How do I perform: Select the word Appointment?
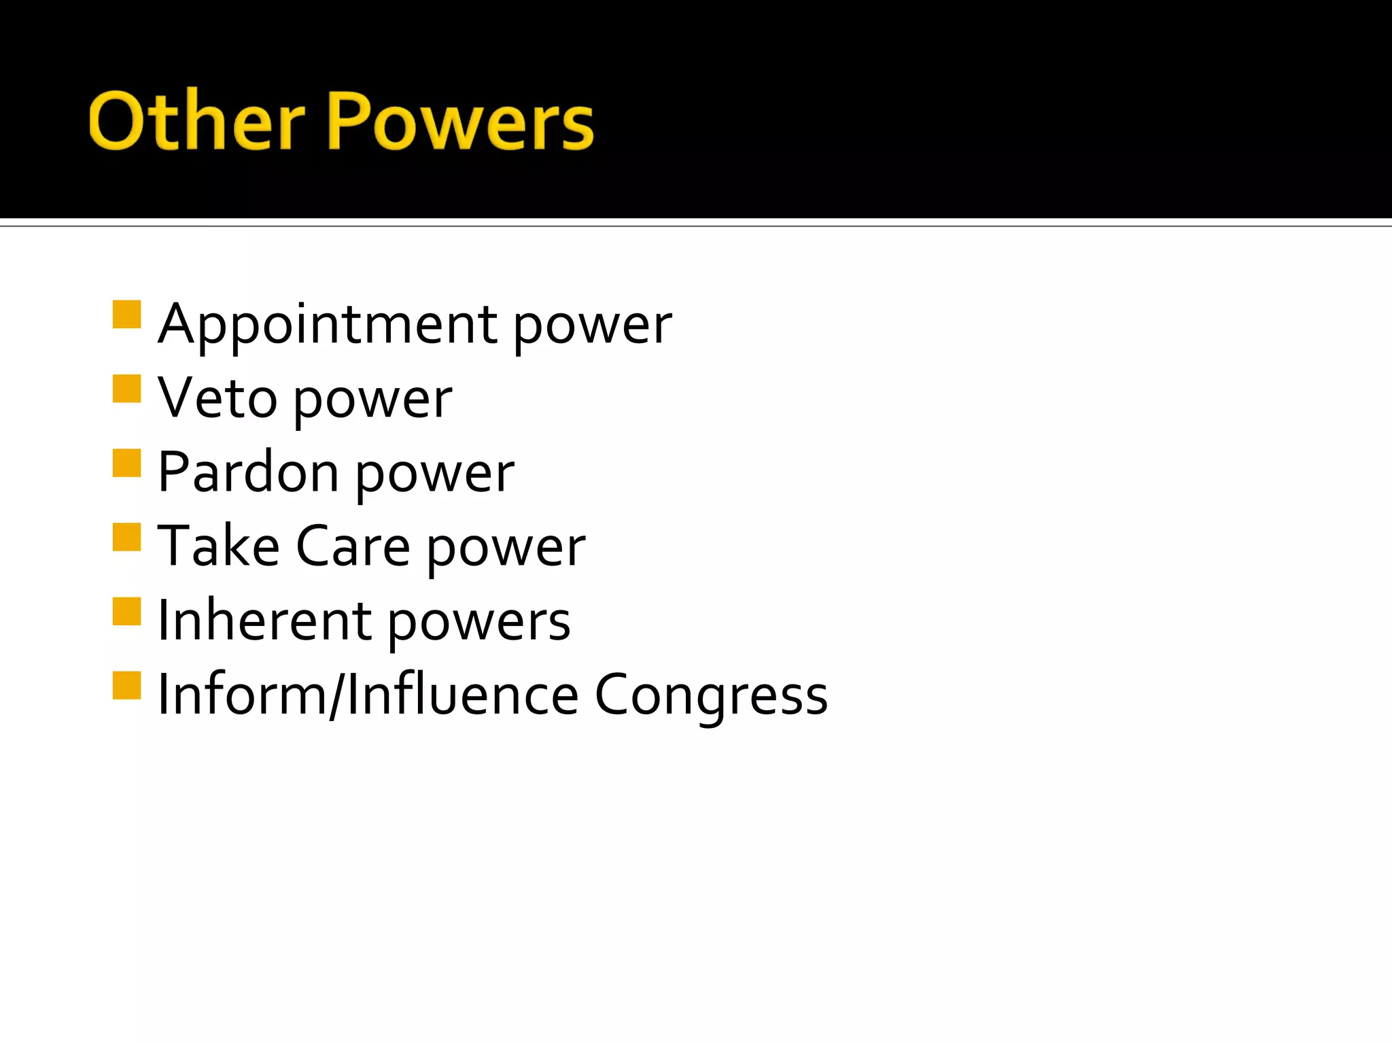coord(328,325)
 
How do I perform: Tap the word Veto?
coord(217,399)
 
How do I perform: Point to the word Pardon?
coord(248,473)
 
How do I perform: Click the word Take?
coord(218,546)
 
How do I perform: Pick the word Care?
coord(353,546)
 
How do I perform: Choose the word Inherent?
coord(264,621)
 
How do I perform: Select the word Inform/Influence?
coord(368,695)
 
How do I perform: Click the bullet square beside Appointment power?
coord(127,315)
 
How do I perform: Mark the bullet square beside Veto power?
coord(127,389)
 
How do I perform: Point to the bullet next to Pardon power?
coord(127,463)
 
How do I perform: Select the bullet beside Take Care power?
coord(127,536)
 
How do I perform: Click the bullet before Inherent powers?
coord(127,611)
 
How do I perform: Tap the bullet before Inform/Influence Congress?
coord(127,685)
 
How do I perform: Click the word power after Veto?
coord(372,402)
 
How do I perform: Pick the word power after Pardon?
coord(435,476)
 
